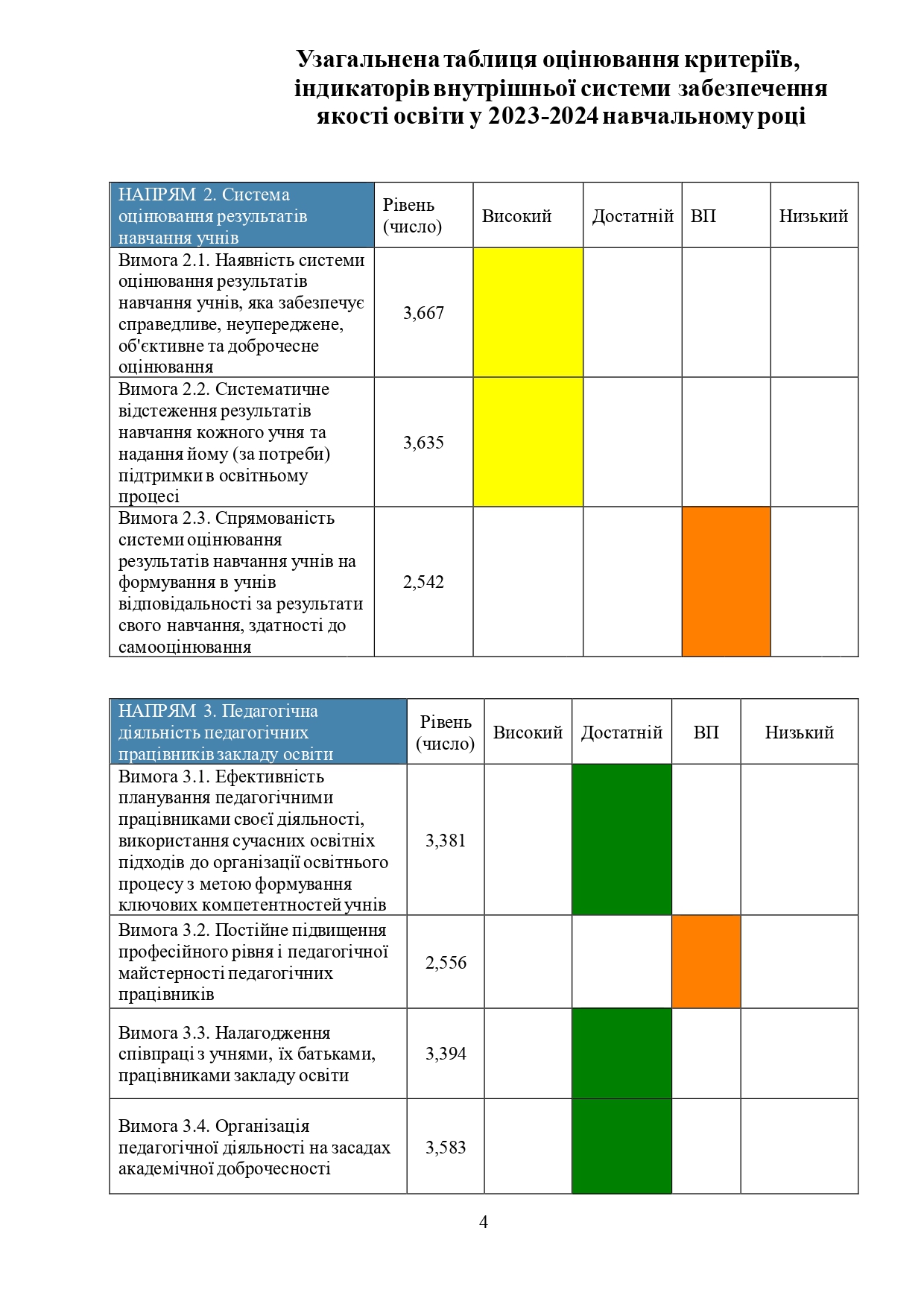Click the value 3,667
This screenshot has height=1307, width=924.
423,313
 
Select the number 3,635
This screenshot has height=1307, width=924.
423,443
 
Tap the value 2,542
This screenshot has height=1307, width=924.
423,582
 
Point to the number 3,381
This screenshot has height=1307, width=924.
446,841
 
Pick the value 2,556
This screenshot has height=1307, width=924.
446,963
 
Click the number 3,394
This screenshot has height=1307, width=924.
446,1054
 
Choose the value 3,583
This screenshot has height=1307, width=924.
446,1148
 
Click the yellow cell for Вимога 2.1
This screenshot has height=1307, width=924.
528,313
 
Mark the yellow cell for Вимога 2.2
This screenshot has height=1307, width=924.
528,443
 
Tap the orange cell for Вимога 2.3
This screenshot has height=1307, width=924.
726,582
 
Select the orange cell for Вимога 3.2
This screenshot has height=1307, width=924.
706,962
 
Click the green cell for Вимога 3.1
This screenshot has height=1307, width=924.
621,840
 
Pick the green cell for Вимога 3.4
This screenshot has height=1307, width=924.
621,1147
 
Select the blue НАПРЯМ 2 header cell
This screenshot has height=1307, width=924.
241,215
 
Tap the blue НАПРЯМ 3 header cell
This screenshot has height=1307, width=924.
258,732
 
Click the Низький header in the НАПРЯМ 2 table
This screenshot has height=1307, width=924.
814,216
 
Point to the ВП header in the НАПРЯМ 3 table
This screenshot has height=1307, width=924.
706,732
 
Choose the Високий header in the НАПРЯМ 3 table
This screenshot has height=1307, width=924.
528,732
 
